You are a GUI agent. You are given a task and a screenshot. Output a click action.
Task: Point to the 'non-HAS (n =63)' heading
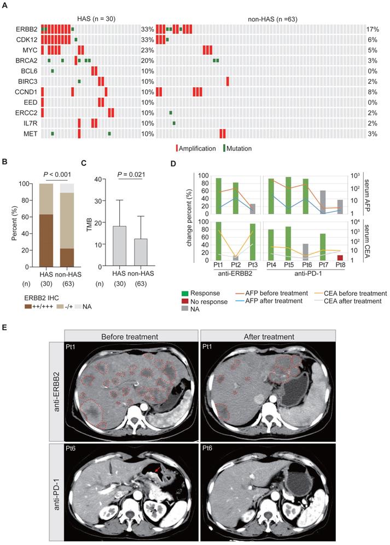265,17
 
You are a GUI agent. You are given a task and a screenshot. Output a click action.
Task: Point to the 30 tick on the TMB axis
100,201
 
